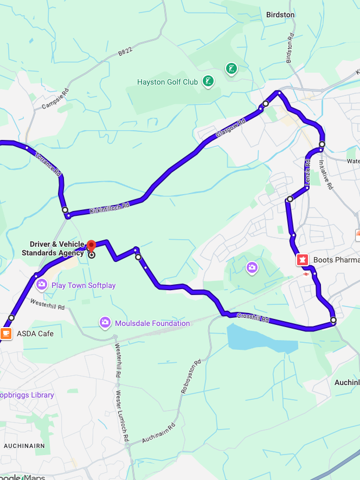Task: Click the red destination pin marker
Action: [x=91, y=245]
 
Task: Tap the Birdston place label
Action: [x=280, y=15]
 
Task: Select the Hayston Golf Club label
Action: [x=167, y=82]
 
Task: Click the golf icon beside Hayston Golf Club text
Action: [x=208, y=82]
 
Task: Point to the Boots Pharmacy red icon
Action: [x=302, y=260]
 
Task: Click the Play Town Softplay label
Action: [x=83, y=285]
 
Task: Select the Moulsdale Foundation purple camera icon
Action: [x=105, y=323]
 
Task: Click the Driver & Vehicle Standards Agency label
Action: [x=53, y=248]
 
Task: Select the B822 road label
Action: [x=125, y=52]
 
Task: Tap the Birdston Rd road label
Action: [x=290, y=48]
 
